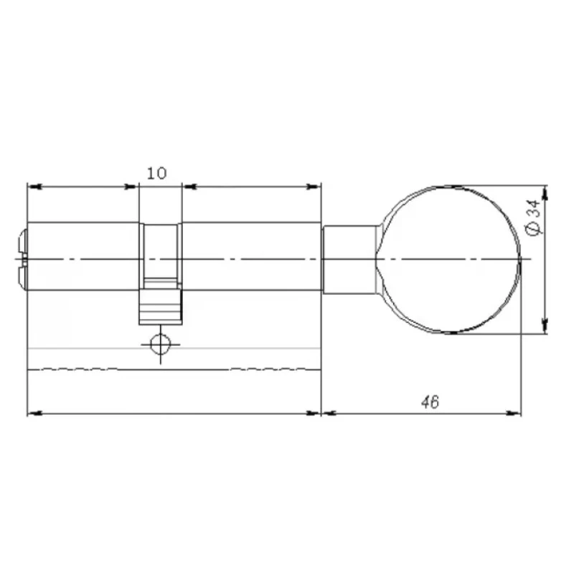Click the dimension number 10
156,173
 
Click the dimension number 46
430,402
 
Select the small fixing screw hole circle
160,344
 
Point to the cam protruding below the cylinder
160,307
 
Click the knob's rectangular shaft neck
349,260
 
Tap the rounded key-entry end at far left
23,260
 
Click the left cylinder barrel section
83,256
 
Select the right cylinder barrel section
252,256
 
